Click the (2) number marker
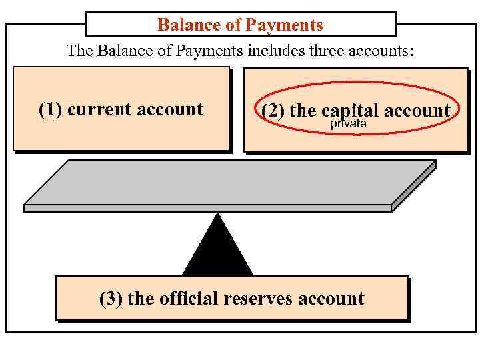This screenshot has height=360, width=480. tap(273, 111)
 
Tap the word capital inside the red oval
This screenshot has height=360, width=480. tap(348, 111)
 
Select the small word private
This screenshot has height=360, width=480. tap(349, 124)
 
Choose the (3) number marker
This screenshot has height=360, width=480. tap(111, 298)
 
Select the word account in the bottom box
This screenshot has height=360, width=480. tap(331, 298)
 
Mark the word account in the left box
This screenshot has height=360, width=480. tap(170, 109)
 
